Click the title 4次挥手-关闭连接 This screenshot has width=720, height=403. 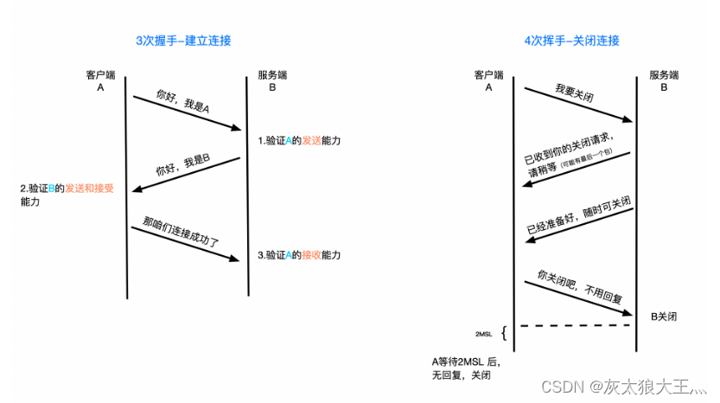572,41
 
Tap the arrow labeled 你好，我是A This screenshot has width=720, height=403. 186,113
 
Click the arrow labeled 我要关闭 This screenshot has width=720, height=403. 575,108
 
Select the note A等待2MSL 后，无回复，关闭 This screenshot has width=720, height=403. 466,368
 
